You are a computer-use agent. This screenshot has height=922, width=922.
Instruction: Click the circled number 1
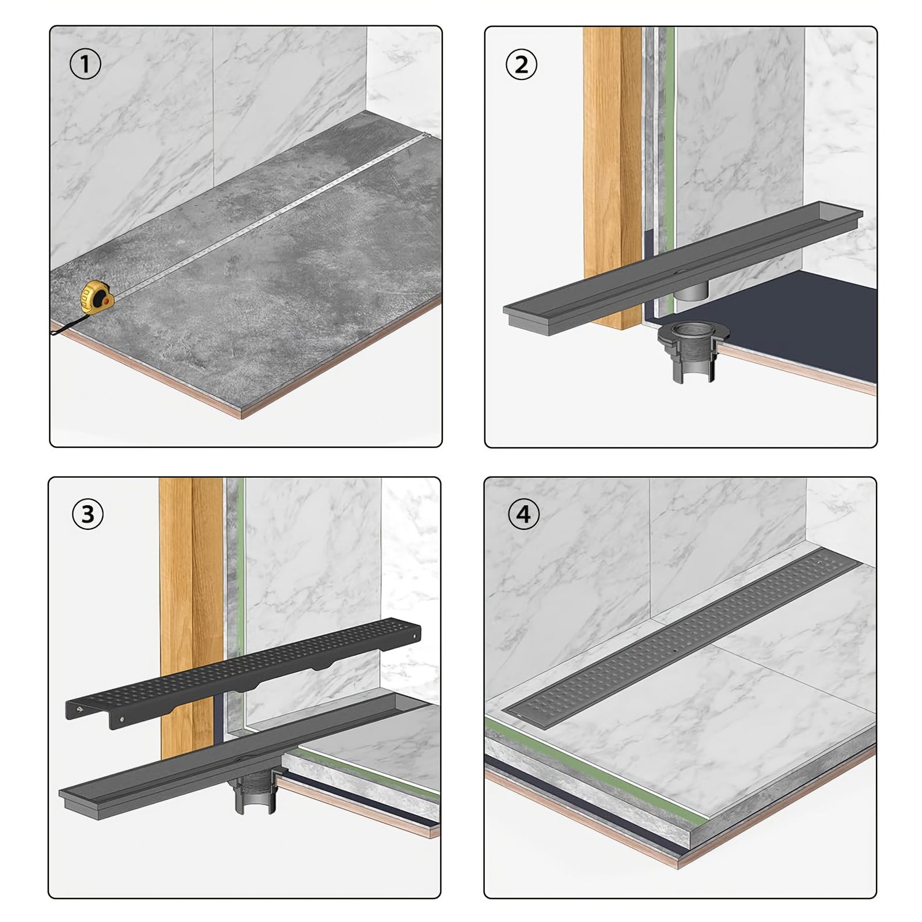tap(85, 64)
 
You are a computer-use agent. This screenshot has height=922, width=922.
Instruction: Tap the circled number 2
tap(521, 64)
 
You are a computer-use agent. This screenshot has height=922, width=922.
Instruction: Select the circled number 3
tap(88, 514)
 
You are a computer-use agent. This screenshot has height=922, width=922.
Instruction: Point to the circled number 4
tap(523, 514)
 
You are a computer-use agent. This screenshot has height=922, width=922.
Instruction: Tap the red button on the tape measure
tap(106, 301)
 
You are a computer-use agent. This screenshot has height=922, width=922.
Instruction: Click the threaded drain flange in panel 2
tap(693, 352)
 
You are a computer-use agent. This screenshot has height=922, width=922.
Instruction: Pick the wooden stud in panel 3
tap(191, 616)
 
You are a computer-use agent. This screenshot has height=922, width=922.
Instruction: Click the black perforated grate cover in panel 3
tap(243, 673)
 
